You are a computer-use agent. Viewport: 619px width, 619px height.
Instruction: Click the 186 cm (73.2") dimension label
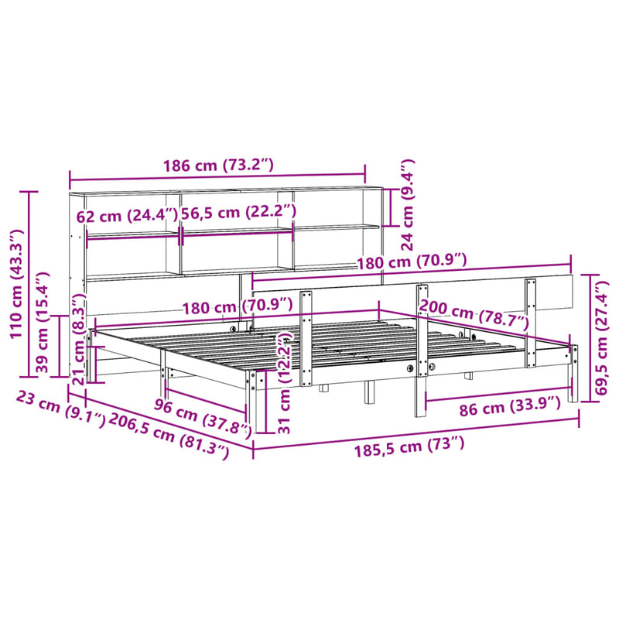pos(218,165)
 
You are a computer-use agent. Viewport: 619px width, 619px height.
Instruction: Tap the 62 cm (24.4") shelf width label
pos(127,215)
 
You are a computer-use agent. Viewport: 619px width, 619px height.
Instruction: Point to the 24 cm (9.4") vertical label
pos(405,205)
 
